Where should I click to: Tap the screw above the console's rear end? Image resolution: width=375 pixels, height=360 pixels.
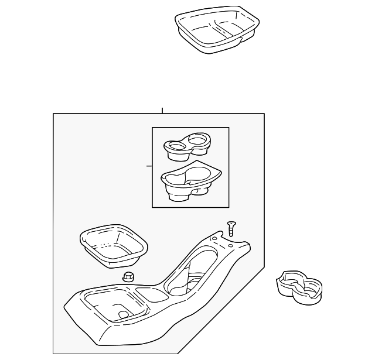[231, 229]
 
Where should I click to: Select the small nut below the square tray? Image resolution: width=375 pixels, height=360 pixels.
[128, 277]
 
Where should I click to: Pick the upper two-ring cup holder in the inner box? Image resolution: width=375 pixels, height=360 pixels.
[187, 147]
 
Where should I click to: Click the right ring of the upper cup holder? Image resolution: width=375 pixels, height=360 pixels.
[199, 140]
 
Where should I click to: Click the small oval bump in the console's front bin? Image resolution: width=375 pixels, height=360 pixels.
[123, 314]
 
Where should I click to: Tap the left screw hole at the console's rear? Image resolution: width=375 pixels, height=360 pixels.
[214, 239]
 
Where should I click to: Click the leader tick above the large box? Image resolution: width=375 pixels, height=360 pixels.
[162, 110]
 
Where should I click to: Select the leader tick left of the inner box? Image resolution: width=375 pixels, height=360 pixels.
[149, 166]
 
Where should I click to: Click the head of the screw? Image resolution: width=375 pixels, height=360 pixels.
[230, 223]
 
